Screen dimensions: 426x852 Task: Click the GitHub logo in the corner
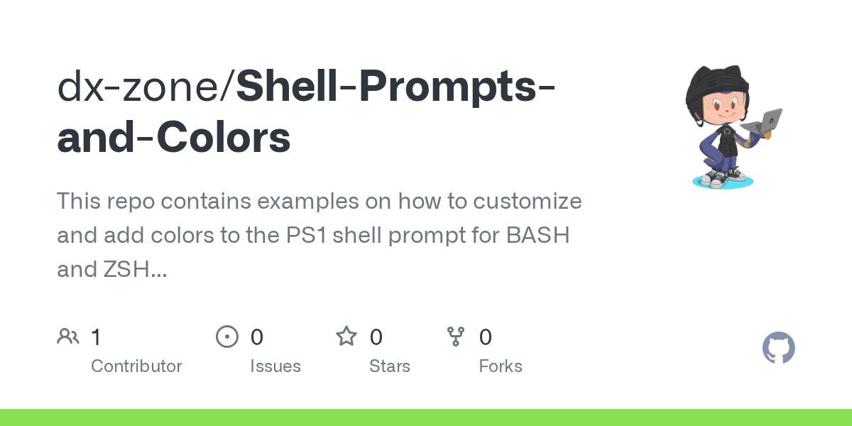tap(778, 349)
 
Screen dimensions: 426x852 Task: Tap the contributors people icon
tap(68, 337)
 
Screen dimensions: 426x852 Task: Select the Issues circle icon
tap(227, 337)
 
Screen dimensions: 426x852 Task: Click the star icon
tap(346, 337)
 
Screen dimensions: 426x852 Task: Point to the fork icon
tap(456, 337)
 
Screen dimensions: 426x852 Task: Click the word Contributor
tap(136, 366)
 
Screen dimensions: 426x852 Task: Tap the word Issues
tap(275, 366)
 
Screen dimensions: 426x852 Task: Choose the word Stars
tap(390, 366)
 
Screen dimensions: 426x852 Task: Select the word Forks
tap(501, 366)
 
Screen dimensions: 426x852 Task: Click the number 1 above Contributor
tap(97, 337)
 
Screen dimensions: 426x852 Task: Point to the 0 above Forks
tap(486, 337)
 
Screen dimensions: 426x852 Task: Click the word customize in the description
tap(523, 202)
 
